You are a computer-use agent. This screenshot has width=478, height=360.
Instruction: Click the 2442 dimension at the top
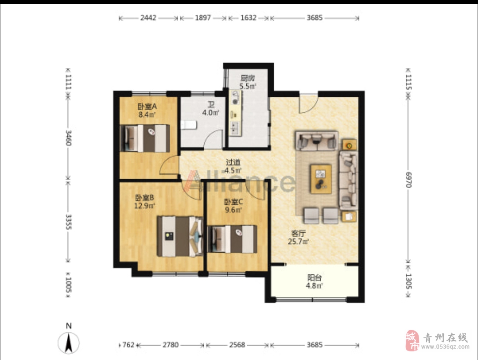(148, 18)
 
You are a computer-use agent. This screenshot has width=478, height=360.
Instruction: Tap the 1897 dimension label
(203, 18)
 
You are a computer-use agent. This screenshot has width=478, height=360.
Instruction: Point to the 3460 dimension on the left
(68, 138)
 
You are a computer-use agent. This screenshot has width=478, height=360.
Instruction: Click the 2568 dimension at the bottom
(237, 345)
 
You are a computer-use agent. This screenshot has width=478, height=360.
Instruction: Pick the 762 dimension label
(128, 345)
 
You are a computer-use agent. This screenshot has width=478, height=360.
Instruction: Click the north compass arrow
(69, 342)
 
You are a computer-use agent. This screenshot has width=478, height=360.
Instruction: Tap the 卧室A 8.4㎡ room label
(147, 110)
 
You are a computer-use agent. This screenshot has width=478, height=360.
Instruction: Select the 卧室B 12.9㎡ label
(145, 201)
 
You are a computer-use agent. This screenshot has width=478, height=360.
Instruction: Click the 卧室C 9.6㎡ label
(234, 206)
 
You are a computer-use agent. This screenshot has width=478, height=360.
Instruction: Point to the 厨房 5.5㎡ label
(248, 82)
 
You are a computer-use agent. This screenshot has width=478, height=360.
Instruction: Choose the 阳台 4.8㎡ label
(314, 281)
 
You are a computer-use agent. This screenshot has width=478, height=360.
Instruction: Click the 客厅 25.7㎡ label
(299, 237)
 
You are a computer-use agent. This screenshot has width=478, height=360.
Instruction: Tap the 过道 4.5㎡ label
(233, 166)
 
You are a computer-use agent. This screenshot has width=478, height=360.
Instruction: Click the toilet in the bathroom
(189, 125)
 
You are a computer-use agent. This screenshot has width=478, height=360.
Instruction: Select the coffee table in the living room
(321, 179)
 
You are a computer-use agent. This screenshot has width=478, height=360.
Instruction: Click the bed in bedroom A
(145, 138)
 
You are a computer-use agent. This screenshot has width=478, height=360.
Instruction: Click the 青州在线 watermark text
(445, 338)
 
